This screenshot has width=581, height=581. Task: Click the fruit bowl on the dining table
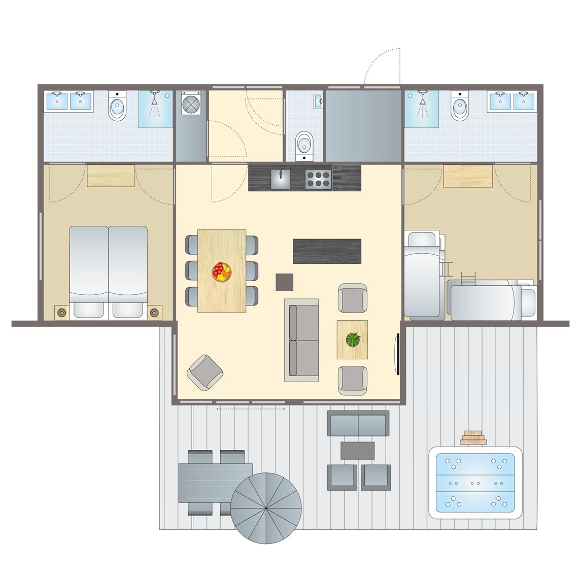(222, 271)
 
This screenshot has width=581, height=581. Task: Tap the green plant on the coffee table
(353, 339)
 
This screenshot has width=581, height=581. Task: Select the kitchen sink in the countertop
(280, 179)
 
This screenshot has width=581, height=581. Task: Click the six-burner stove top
(318, 179)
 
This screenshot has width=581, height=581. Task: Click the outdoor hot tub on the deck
(475, 483)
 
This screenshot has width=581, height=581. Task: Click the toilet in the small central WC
(304, 143)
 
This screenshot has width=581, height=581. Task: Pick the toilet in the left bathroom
(118, 107)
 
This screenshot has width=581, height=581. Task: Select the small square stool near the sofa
(284, 282)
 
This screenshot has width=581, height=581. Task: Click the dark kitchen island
(327, 251)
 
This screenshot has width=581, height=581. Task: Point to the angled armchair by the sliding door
(205, 372)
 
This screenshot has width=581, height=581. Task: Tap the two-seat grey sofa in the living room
(301, 340)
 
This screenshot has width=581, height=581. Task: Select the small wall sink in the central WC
(318, 100)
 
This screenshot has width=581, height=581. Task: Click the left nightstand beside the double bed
(61, 313)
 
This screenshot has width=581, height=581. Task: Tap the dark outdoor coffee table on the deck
(357, 450)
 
